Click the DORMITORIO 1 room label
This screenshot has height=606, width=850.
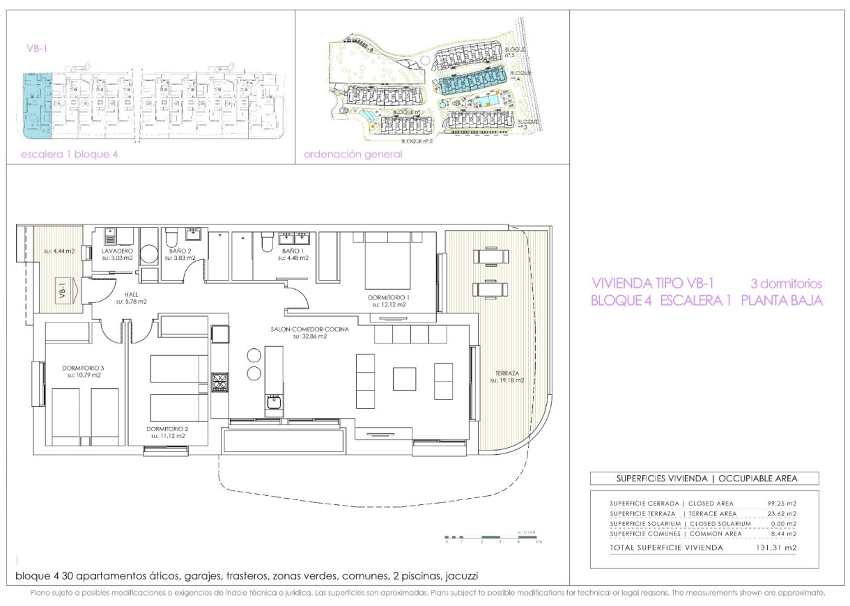[389, 297]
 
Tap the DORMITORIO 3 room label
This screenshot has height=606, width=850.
[84, 368]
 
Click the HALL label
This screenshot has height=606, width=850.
[130, 293]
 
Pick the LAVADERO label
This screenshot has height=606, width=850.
[116, 250]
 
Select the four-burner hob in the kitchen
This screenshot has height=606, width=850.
[219, 382]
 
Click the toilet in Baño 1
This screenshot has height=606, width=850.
[265, 242]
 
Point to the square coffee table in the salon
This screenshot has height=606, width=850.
[404, 379]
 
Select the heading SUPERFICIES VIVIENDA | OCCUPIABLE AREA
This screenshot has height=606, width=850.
[704, 479]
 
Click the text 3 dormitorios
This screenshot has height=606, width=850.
[786, 284]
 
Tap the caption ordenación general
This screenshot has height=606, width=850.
[353, 155]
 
